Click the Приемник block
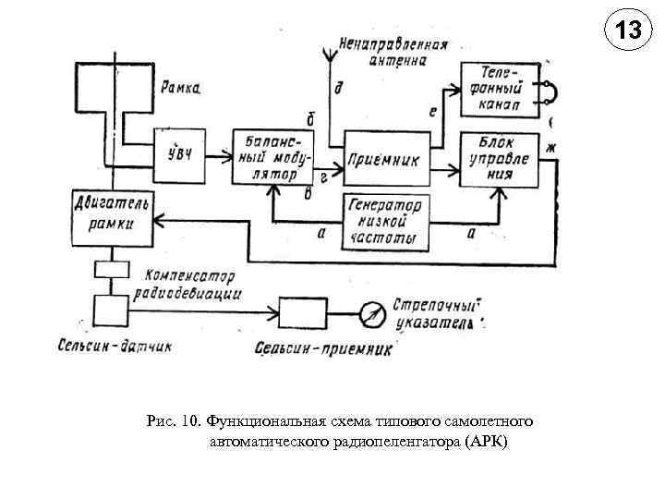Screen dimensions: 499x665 point(387,158)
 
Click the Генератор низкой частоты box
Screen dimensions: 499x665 point(387,223)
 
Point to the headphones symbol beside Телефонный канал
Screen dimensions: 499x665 point(550,91)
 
